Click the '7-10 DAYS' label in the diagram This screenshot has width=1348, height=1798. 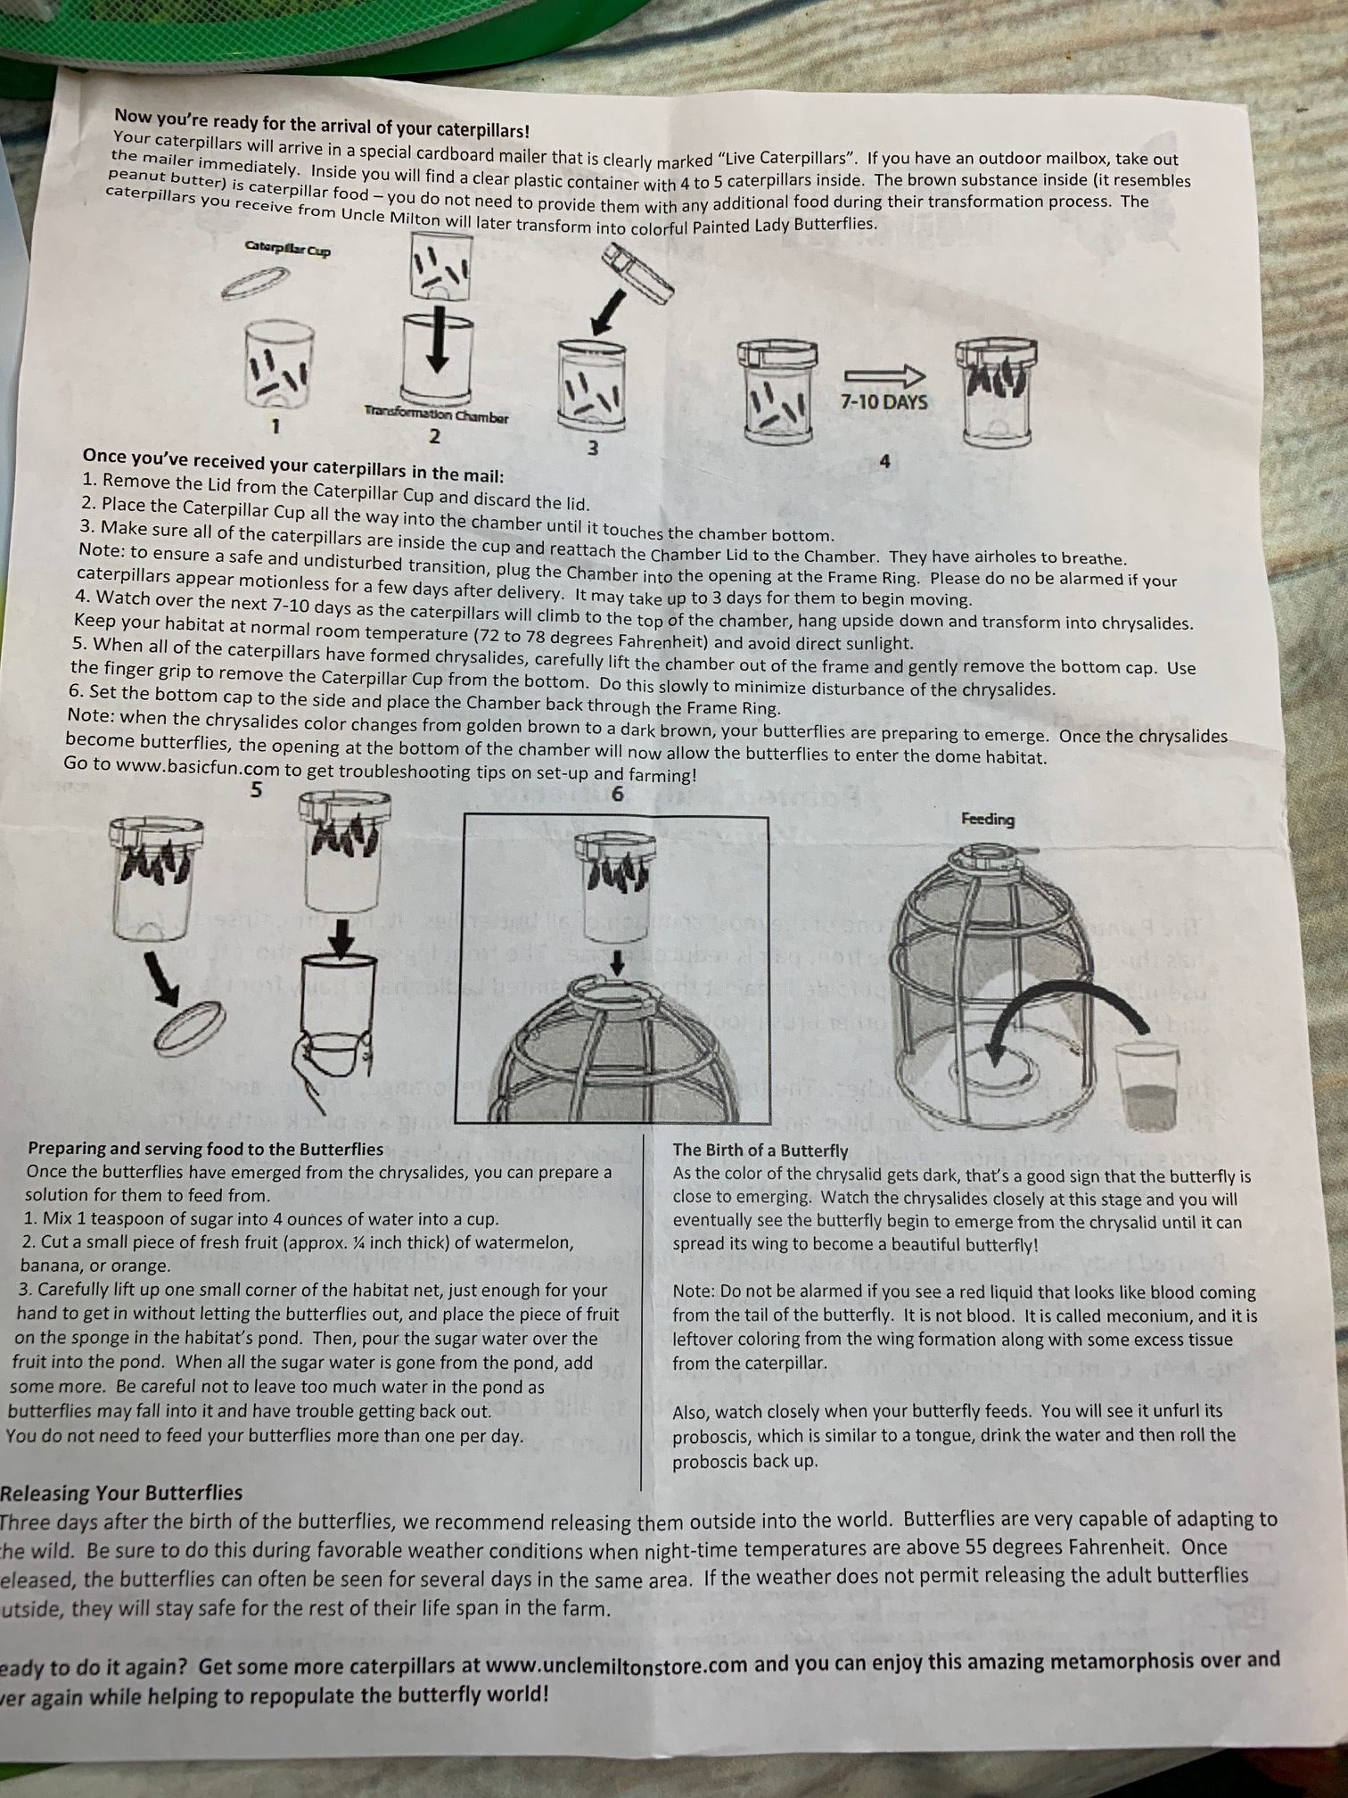click(884, 401)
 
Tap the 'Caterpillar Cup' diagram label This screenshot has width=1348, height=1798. click(287, 250)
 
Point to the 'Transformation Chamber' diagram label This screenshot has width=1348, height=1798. click(436, 415)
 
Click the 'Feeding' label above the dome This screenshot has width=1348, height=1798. click(987, 818)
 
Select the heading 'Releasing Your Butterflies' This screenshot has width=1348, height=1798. click(121, 1492)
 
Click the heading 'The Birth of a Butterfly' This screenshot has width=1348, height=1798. click(760, 1151)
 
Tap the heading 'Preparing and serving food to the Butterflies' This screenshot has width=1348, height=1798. click(206, 1149)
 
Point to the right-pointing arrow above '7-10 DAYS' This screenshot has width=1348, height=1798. click(884, 376)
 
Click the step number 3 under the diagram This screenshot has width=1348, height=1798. click(594, 448)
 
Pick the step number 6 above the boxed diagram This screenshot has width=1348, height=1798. click(617, 794)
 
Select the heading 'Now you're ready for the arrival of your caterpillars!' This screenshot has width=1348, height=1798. click(322, 123)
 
